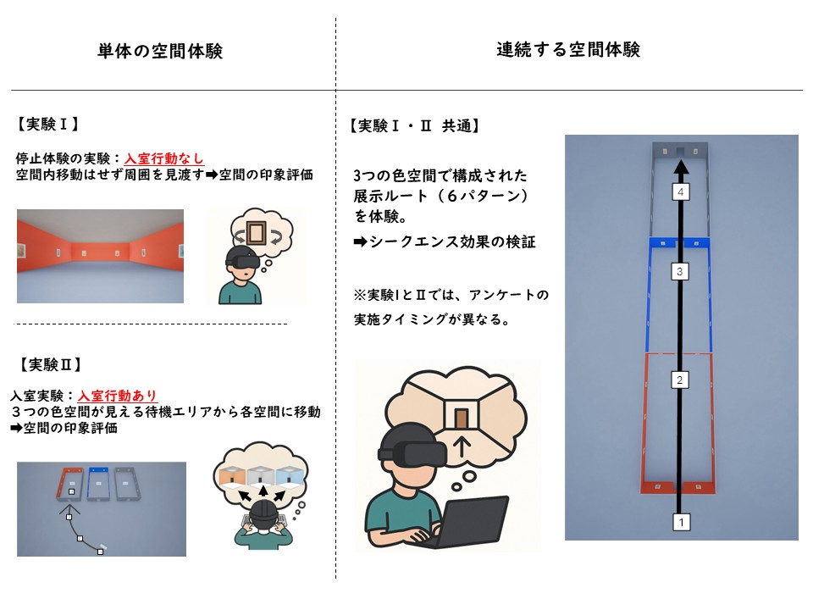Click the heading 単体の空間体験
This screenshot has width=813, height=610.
(160, 52)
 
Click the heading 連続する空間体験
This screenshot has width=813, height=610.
(568, 50)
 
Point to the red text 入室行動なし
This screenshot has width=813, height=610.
(164, 158)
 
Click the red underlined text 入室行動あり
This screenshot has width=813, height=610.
(118, 396)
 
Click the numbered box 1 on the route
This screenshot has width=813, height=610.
(681, 522)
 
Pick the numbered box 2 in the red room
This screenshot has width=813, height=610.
(679, 380)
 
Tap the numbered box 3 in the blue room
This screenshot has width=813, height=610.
(679, 272)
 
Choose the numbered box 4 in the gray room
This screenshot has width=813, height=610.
(680, 193)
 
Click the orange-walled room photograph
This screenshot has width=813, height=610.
(100, 256)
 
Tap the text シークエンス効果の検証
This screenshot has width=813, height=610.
(451, 243)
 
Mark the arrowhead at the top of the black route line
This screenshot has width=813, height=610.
(680, 169)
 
